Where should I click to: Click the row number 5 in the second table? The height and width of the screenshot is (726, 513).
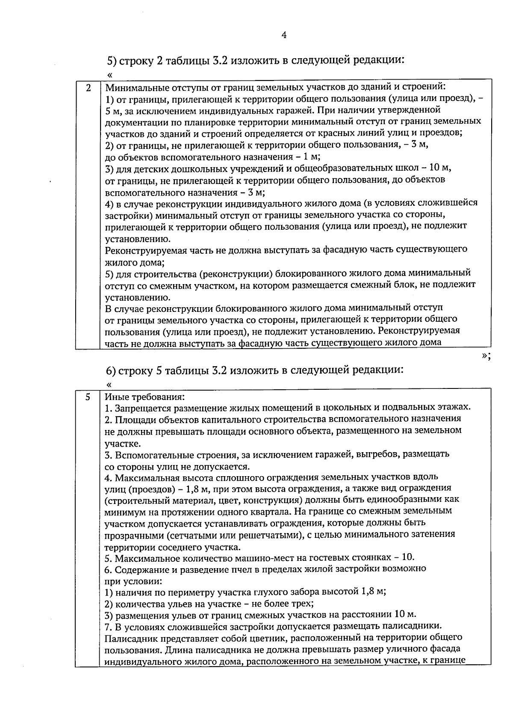[88, 397]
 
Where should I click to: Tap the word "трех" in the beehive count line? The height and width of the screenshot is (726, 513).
[303, 604]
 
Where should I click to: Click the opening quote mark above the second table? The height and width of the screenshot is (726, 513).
[109, 384]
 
